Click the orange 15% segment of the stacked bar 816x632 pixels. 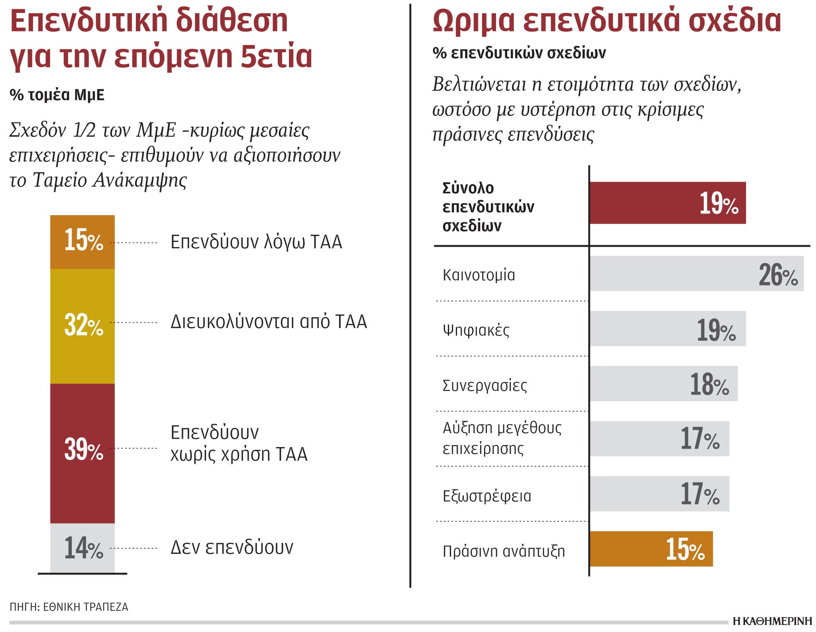[82, 241]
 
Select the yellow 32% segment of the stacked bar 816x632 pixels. [82, 326]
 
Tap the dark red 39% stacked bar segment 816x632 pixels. [82, 453]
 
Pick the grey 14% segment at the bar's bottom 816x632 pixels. [82, 548]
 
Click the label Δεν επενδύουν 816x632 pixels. [231, 548]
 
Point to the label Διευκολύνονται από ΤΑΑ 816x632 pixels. [269, 322]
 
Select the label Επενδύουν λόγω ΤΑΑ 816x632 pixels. [256, 242]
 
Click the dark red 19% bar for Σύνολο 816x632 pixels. [667, 203]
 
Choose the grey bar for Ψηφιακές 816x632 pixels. [667, 329]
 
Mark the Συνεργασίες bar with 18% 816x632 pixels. [663, 384]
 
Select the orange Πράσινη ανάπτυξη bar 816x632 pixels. [651, 549]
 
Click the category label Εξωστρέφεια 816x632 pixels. [486, 497]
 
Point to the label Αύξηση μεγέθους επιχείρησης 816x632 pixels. [502, 438]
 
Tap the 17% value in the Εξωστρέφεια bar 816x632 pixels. [700, 494]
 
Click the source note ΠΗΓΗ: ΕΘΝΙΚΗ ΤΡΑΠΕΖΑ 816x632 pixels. [69, 607]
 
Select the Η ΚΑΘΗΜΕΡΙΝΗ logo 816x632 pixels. [772, 621]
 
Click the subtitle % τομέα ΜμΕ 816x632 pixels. [57, 95]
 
